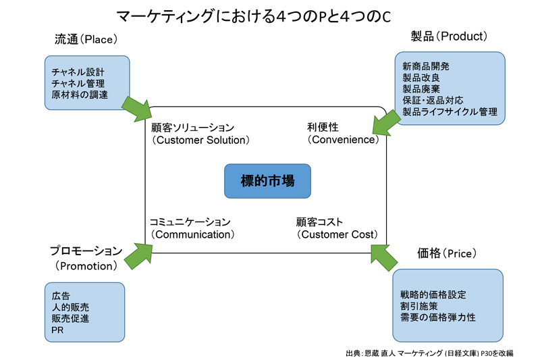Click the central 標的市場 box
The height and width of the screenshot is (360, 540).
267,181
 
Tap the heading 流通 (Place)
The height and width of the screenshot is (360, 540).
86,39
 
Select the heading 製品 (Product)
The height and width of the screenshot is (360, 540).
449,36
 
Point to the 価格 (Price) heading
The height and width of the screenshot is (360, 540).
447,253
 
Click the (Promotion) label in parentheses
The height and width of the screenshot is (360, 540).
86,266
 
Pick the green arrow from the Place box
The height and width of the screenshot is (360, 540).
137,109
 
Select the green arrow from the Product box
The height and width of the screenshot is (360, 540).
386,123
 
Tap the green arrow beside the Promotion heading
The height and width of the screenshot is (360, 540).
138,256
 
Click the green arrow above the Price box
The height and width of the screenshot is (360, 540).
384,258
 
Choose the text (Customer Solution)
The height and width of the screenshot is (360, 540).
200,140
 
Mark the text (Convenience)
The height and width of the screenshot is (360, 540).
344,140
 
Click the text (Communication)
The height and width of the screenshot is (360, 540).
192,234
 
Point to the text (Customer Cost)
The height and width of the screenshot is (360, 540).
337,234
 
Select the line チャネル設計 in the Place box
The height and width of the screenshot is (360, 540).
78,72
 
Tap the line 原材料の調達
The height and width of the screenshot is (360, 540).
80,95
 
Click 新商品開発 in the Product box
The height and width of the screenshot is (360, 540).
426,66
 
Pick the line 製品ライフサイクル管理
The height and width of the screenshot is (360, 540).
450,111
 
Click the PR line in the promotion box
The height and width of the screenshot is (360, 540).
57,330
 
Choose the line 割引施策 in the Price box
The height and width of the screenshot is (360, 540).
418,306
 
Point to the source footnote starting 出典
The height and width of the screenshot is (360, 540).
429,353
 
